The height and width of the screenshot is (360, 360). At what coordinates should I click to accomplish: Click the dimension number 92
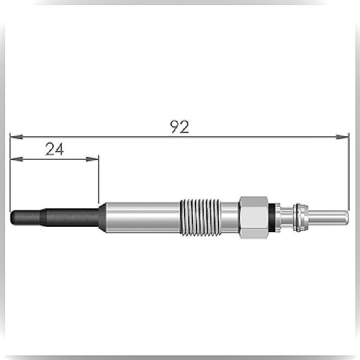[179, 127]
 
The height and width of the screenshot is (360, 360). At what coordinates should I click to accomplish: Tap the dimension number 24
[54, 149]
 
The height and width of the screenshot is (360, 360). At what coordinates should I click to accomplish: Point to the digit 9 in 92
[175, 127]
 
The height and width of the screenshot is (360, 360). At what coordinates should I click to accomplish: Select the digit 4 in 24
[59, 149]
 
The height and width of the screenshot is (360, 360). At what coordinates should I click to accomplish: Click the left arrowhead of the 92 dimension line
[17, 137]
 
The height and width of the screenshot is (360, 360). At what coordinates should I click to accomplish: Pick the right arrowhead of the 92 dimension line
[342, 137]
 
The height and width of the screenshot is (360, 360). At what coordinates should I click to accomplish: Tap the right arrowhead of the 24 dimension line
[92, 159]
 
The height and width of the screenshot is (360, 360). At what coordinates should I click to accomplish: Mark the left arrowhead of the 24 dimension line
[17, 159]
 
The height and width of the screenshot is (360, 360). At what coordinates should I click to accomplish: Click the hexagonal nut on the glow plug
[254, 217]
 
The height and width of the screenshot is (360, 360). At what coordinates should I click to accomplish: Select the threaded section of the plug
[200, 217]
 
